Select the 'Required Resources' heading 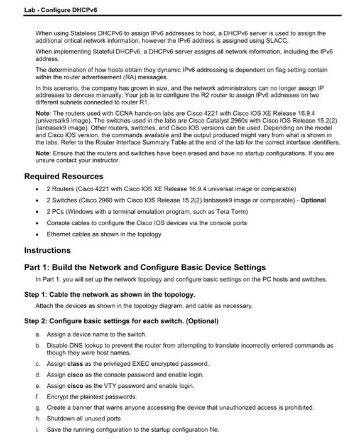(x=63, y=176)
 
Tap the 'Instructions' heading (x=47, y=250)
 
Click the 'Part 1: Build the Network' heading (x=145, y=267)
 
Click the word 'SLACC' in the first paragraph (x=278, y=40)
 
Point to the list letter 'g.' (x=39, y=407)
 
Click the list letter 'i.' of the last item (x=39, y=429)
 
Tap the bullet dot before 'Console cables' (x=39, y=223)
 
